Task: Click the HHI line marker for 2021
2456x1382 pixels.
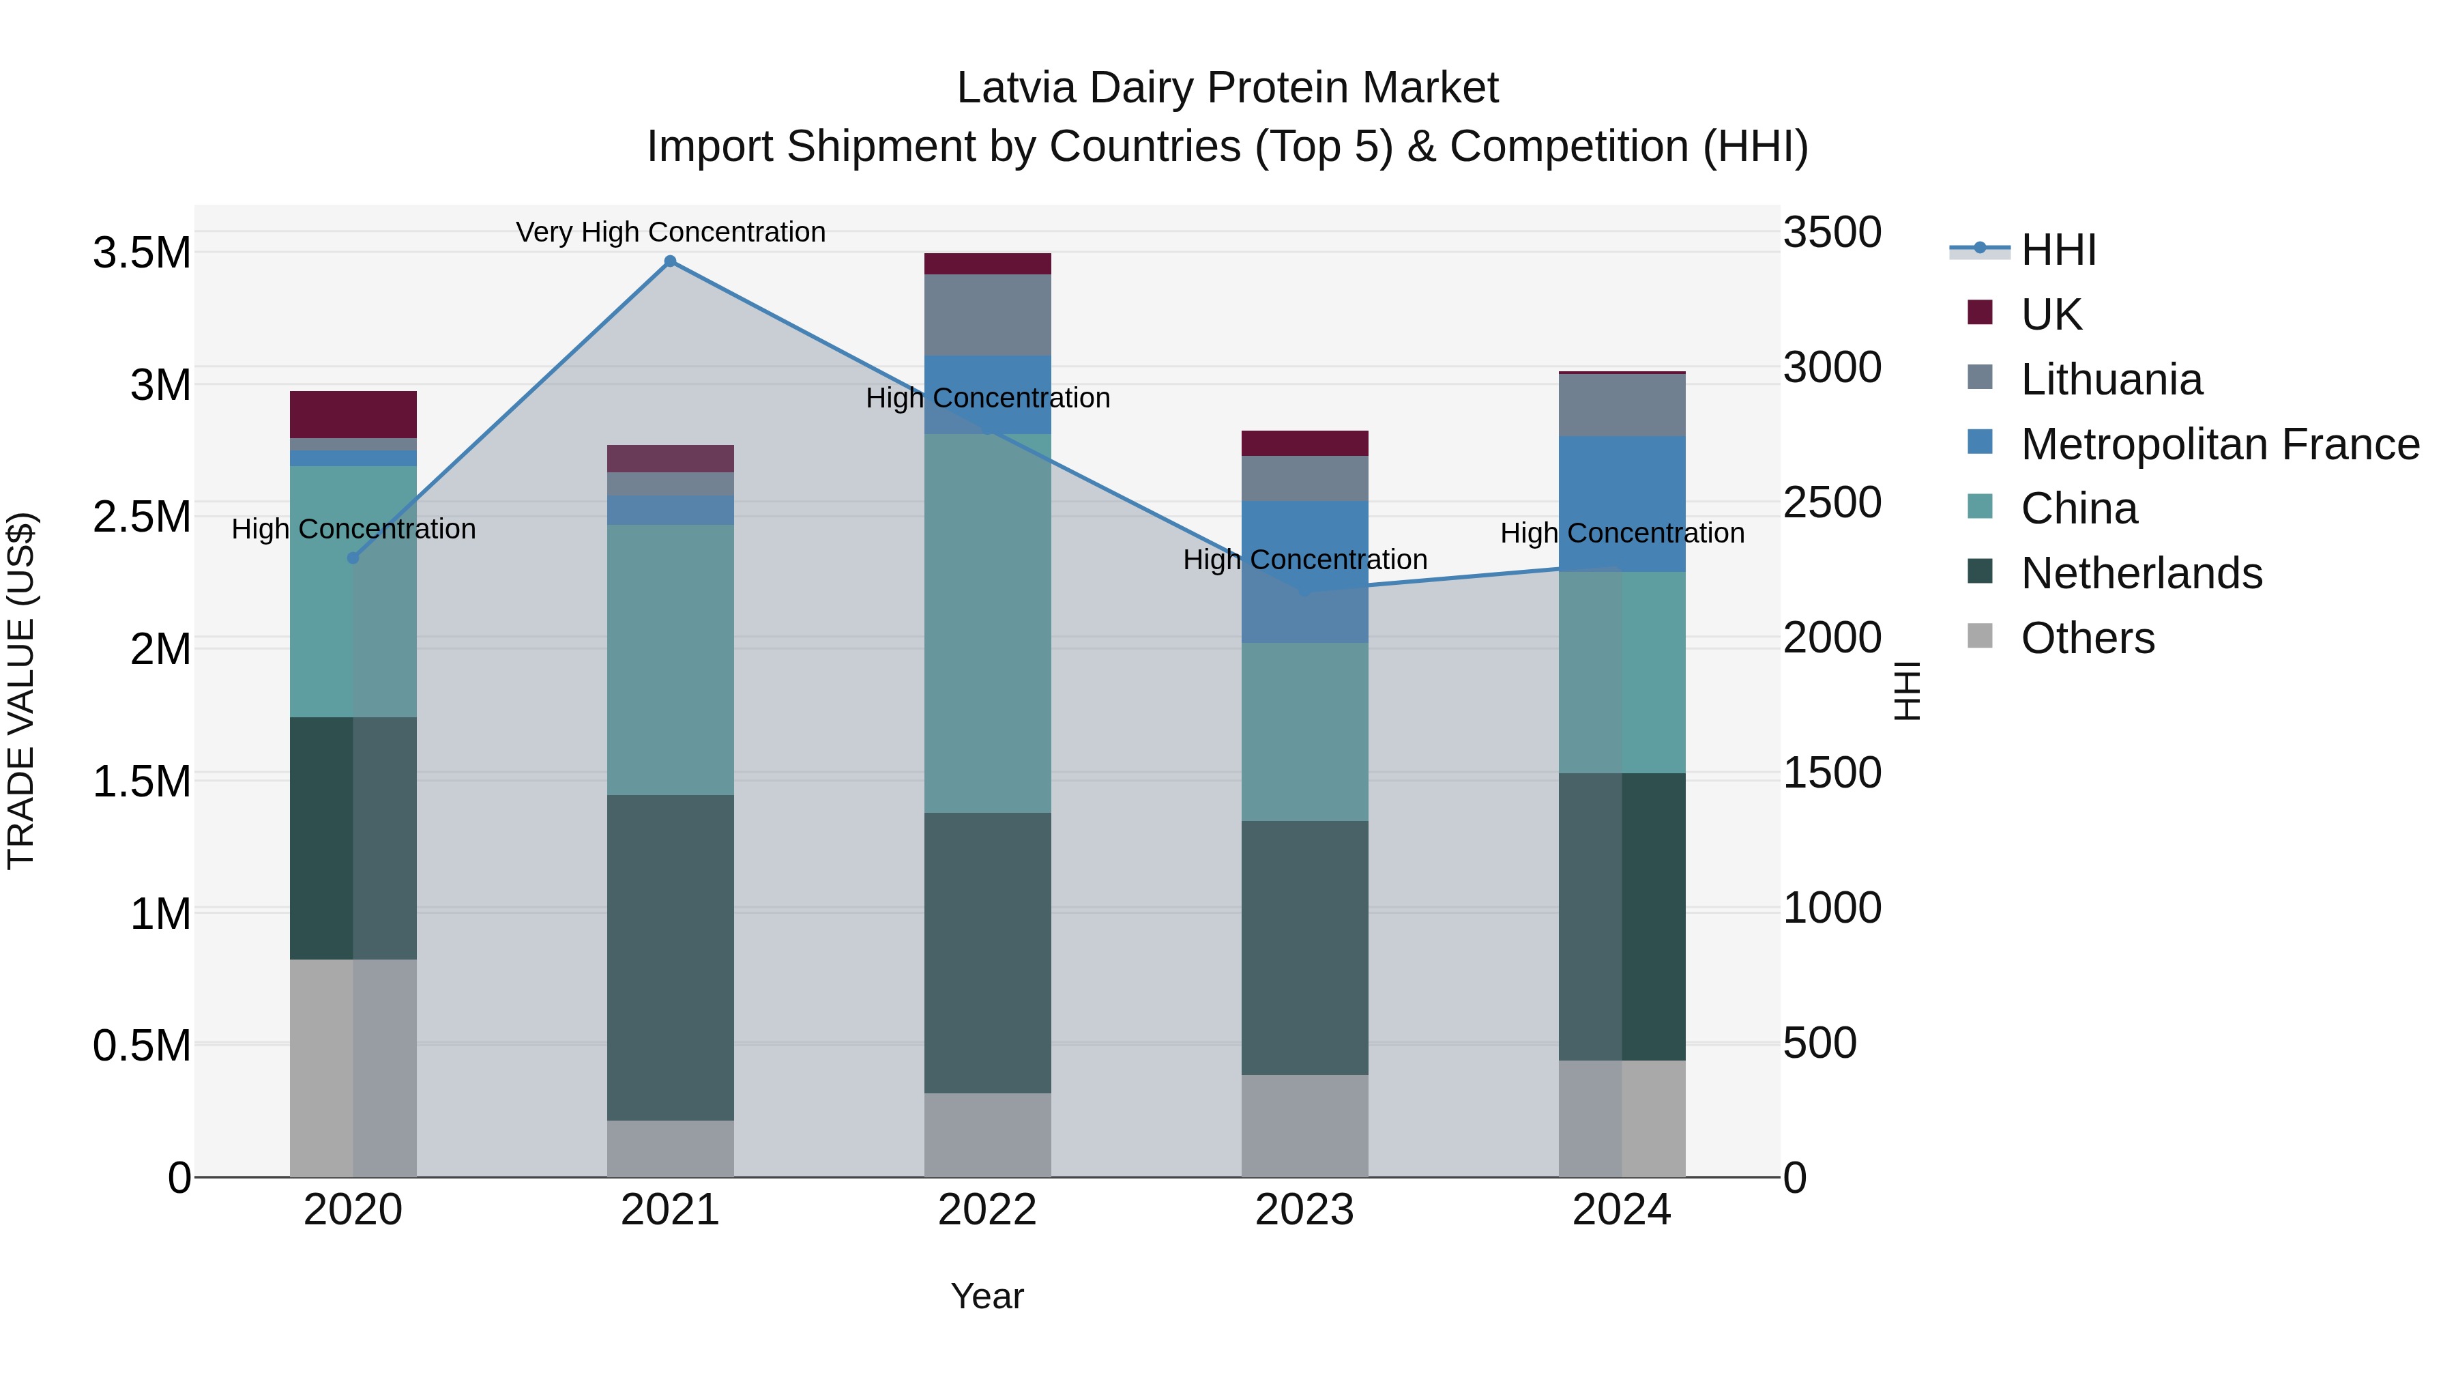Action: (670, 261)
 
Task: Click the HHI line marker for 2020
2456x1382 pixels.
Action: (353, 558)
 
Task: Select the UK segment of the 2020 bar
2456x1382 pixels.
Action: (353, 414)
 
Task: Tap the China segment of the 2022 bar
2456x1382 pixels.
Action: (988, 623)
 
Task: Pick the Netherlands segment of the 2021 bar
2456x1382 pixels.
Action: (670, 957)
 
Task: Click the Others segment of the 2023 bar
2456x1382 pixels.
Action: (1304, 1125)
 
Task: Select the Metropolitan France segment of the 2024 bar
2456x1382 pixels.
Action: (1622, 504)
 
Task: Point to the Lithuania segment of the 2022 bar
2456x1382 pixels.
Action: (988, 315)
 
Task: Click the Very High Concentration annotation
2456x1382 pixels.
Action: (670, 232)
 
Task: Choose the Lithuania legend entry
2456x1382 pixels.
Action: (2111, 379)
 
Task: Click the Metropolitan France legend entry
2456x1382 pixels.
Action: (2219, 444)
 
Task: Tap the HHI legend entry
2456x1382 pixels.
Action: (2058, 250)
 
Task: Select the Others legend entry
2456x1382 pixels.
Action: (2087, 638)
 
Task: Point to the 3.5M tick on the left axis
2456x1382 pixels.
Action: (141, 254)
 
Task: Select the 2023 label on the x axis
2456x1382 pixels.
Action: (1304, 1210)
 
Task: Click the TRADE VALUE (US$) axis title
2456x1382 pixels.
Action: (21, 691)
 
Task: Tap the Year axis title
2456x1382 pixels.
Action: (986, 1296)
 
